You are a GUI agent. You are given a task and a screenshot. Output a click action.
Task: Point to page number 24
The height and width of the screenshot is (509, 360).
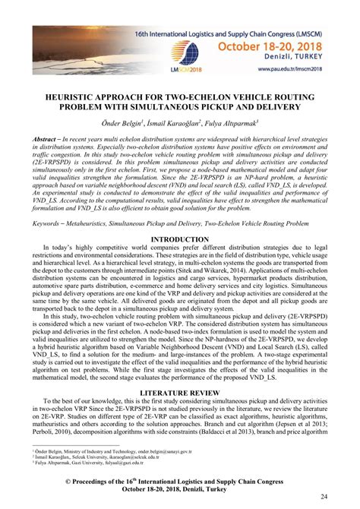point(324,496)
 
